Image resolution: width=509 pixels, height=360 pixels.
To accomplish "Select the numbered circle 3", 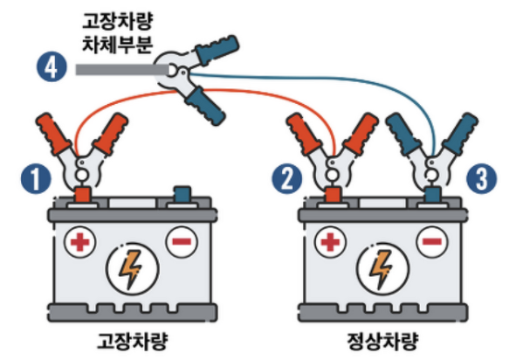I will (x=478, y=178).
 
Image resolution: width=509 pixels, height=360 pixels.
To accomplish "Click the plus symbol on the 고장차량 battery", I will (x=81, y=240).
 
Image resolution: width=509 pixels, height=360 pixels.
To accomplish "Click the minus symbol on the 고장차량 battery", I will (x=181, y=240).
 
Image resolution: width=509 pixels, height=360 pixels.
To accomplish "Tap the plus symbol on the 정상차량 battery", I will (x=330, y=240).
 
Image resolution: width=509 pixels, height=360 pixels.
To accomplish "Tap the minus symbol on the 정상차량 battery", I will (x=430, y=240).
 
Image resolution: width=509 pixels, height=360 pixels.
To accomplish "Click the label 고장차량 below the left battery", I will (x=131, y=339).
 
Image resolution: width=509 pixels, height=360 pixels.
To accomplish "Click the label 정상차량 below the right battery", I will (x=381, y=339).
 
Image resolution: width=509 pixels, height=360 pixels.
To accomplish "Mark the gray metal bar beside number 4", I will (x=113, y=67).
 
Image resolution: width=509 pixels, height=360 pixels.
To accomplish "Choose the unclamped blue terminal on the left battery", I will (x=182, y=194).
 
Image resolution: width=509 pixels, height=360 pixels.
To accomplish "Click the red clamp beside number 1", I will (x=83, y=149).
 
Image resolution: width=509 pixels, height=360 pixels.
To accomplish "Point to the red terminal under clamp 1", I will (x=82, y=194).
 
